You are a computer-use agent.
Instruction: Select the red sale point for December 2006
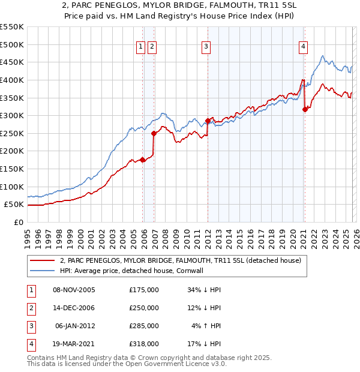[x=154, y=133]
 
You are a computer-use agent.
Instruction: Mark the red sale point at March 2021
[x=305, y=109]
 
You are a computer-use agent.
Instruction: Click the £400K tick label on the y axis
[x=12, y=80]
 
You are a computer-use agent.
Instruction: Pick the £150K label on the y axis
[x=12, y=169]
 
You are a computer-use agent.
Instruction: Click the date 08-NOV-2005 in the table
[x=74, y=290]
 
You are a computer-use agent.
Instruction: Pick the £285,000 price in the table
[x=144, y=326]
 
